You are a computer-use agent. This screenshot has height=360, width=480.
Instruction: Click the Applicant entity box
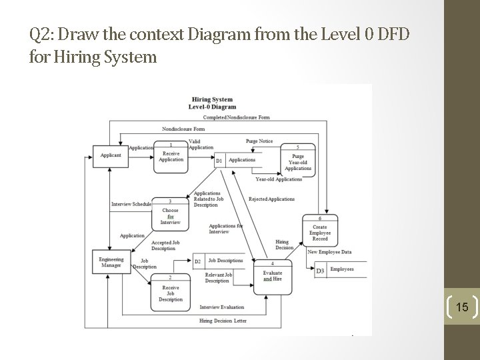[x=111, y=155]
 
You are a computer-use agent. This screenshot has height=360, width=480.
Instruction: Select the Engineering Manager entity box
[x=111, y=261]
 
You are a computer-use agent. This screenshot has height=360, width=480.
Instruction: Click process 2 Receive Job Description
[x=171, y=291]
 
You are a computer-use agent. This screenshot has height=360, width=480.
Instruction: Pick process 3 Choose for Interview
[x=171, y=214]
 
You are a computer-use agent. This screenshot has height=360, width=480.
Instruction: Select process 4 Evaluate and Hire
[x=272, y=275]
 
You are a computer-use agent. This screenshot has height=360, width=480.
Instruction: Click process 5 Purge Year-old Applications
[x=297, y=161]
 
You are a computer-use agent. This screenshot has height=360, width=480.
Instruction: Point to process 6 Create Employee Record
[x=320, y=231]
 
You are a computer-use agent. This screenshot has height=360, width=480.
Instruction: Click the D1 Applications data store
[x=237, y=160]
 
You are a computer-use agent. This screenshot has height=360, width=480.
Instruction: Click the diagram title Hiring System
[x=212, y=99]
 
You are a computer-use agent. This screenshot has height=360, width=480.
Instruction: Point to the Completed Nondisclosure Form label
[x=236, y=117]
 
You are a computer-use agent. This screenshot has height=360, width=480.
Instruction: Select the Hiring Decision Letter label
[x=223, y=321]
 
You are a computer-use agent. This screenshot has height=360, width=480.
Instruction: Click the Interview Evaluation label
[x=221, y=307]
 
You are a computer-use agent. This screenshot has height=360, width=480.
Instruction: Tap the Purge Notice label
[x=259, y=141]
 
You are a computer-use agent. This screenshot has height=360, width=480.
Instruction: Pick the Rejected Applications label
[x=271, y=199]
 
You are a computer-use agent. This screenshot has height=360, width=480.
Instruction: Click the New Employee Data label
[x=329, y=252]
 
